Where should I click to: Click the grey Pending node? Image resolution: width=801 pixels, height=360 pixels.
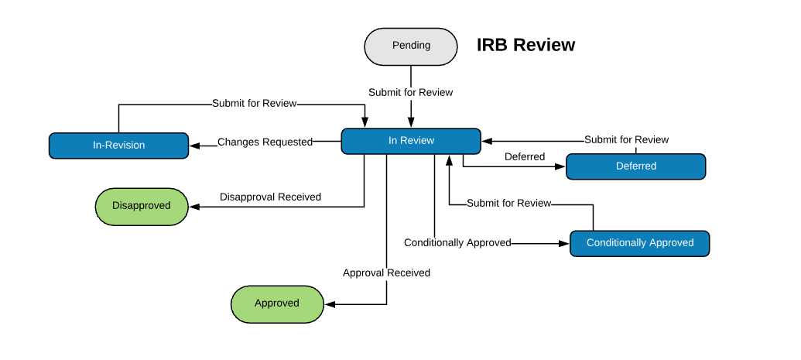(x=411, y=46)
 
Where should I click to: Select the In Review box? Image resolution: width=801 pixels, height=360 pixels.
(x=411, y=141)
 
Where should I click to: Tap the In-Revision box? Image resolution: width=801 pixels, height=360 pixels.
(x=118, y=146)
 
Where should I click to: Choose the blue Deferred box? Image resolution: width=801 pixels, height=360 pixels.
(x=635, y=166)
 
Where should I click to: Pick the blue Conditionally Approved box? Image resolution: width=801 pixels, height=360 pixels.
(x=639, y=243)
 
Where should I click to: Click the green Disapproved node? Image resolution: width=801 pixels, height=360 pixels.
(x=142, y=207)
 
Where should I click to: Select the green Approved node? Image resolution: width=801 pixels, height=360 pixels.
(x=277, y=303)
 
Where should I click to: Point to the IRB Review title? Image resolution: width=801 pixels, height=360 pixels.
(x=525, y=45)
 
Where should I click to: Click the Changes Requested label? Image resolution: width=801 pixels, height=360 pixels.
(x=265, y=142)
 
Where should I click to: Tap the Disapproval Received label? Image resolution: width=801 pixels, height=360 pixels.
(x=270, y=197)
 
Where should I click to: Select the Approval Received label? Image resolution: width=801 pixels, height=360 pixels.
(x=386, y=273)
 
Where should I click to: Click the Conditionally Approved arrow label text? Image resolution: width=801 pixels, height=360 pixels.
(x=457, y=243)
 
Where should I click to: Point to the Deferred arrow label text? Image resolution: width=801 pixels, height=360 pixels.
(x=525, y=157)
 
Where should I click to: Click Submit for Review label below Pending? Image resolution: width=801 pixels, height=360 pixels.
(x=411, y=93)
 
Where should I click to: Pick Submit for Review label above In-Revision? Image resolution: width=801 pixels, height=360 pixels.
(x=255, y=103)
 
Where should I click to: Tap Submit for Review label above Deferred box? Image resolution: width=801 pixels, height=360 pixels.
(x=626, y=139)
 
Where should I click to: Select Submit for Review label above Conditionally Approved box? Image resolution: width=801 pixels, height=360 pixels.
(x=508, y=204)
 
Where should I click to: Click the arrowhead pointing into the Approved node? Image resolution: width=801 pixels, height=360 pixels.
(x=330, y=304)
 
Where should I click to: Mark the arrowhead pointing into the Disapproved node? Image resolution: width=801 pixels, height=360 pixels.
(x=194, y=207)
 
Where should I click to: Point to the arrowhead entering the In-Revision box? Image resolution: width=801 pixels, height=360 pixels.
(x=194, y=146)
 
